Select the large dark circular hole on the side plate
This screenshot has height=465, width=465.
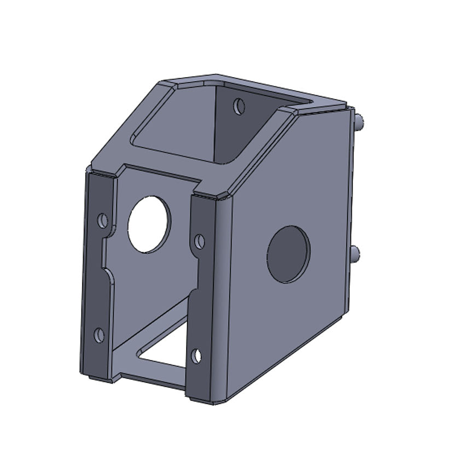click(x=288, y=254)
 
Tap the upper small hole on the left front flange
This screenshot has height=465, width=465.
click(x=102, y=220)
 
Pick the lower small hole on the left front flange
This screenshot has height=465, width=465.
click(x=99, y=335)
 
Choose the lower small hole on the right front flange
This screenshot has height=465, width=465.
click(x=196, y=356)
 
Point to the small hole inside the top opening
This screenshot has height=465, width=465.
click(x=239, y=106)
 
